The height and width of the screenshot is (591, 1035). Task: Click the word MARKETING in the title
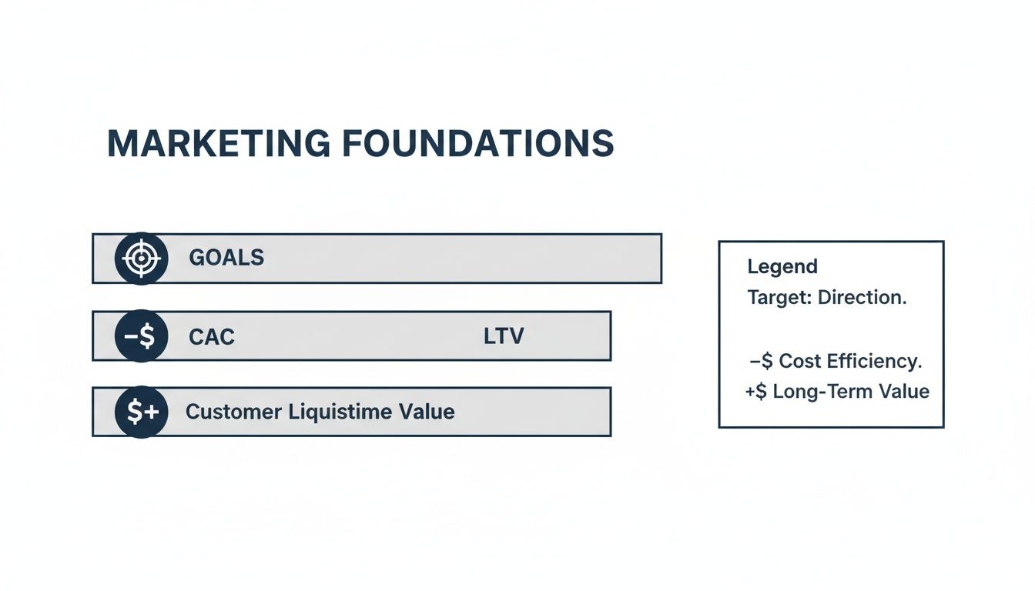(218, 144)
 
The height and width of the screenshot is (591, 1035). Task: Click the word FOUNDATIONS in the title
(477, 144)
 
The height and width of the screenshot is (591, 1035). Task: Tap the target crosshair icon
(141, 258)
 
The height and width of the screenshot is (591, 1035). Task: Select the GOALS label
(226, 258)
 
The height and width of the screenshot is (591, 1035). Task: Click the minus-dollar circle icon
(141, 336)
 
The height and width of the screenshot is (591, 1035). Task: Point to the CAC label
(212, 336)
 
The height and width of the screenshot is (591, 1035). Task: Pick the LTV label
(504, 336)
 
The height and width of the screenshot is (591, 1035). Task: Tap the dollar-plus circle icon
(141, 412)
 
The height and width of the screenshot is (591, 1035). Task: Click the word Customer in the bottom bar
(233, 412)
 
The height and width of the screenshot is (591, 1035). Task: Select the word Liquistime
(340, 412)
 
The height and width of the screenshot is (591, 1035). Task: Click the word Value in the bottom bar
(427, 412)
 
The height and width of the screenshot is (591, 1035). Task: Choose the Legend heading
(782, 267)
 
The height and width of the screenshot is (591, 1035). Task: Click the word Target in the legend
(779, 298)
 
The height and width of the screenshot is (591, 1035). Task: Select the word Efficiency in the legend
(874, 361)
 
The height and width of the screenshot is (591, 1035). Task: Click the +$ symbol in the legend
(757, 392)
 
